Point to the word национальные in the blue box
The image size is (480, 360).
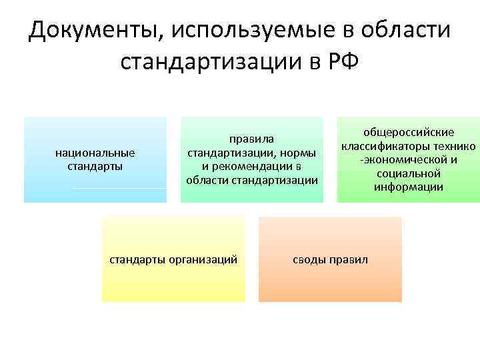(95, 153)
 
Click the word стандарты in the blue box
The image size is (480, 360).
(95, 166)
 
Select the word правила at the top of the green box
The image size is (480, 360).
(251, 139)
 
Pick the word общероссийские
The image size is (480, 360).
(408, 133)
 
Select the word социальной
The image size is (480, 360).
(408, 173)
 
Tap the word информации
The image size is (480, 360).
(408, 187)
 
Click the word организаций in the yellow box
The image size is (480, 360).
(203, 259)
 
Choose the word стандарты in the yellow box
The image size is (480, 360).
(138, 259)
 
